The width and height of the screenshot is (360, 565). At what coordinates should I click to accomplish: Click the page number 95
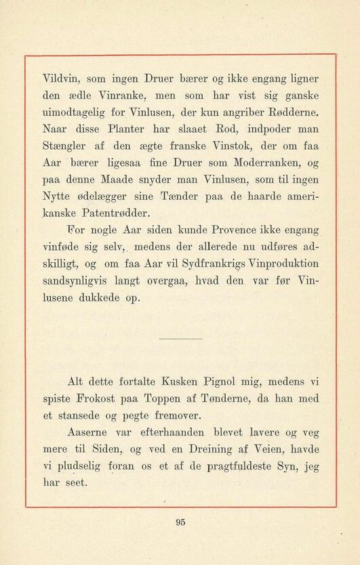pyautogui.click(x=180, y=522)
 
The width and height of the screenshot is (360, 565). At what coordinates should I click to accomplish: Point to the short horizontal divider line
pyautogui.click(x=180, y=338)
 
